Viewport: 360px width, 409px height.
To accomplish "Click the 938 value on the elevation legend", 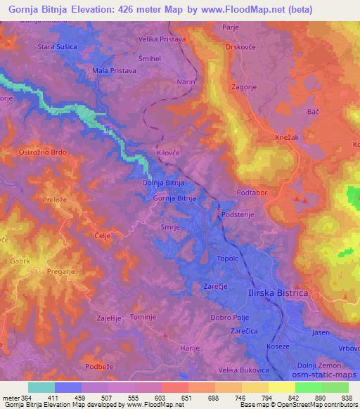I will [348, 398].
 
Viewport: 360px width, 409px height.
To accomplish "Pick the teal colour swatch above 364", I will [41, 387].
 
